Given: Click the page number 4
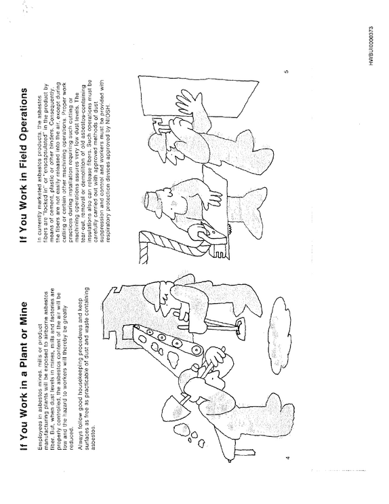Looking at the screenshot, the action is click(x=287, y=457).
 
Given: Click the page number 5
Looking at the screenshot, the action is click(x=287, y=71).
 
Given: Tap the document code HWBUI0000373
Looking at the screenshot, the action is click(x=371, y=46).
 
